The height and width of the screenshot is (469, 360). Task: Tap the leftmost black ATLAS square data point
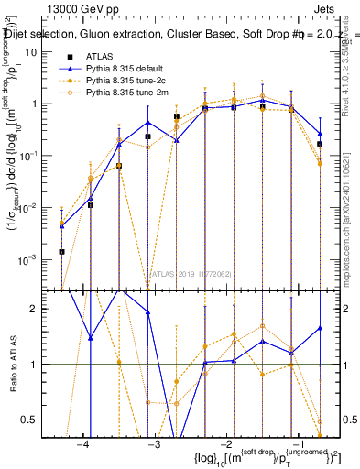(x=61, y=251)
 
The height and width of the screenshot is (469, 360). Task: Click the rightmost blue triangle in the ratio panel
(x=320, y=328)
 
